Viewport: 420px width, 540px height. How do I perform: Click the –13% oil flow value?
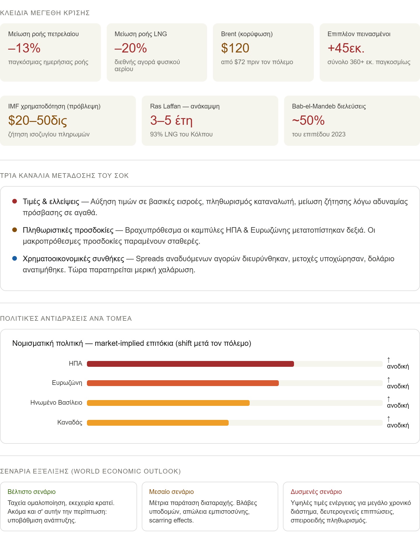point(24,48)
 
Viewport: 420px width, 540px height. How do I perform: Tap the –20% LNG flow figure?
point(131,48)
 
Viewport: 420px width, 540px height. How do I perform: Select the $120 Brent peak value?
point(235,48)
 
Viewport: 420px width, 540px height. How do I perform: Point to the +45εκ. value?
point(346,48)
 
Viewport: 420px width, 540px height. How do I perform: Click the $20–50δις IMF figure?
point(38,120)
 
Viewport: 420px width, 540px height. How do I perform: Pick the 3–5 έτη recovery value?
point(171,120)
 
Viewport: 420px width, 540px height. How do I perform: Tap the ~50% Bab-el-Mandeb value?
point(308,120)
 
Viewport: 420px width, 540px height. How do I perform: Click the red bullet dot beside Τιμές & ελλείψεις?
point(15,201)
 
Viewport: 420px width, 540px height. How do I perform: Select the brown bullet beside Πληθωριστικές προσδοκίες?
point(15,230)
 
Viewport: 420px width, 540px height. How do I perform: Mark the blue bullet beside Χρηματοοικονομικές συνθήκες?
point(15,258)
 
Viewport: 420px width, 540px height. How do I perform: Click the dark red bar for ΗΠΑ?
point(190,364)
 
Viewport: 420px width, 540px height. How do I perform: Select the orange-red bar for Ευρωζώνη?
point(183,383)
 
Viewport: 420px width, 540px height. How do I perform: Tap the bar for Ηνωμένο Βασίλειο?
point(168,403)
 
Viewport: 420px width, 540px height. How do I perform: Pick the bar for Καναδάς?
point(157,423)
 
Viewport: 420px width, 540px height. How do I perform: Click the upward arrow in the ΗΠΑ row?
point(388,360)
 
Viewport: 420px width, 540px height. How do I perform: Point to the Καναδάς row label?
point(70,422)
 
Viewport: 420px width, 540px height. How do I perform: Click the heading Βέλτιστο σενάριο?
point(32,492)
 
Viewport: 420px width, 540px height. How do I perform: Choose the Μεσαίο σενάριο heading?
point(171,492)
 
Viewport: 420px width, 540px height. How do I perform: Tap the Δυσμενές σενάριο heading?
point(316,492)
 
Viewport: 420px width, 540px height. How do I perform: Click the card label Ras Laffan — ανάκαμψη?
point(185,106)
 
